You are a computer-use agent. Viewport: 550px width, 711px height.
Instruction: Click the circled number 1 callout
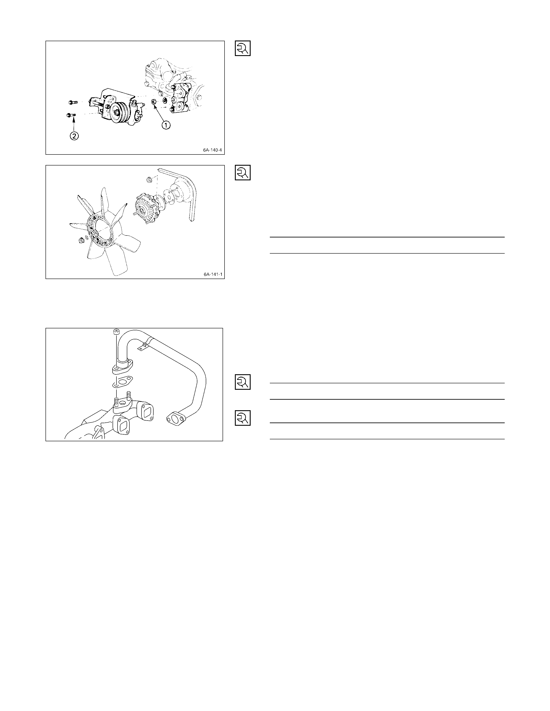[166, 125]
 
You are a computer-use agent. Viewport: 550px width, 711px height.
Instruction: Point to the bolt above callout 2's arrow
[71, 115]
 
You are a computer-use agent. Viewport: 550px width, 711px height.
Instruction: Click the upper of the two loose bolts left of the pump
[73, 103]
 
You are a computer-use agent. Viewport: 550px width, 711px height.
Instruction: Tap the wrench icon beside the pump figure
[243, 48]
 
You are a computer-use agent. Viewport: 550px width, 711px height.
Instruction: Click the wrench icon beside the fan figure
[243, 173]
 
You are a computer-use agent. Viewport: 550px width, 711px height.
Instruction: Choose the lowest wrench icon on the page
[243, 418]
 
